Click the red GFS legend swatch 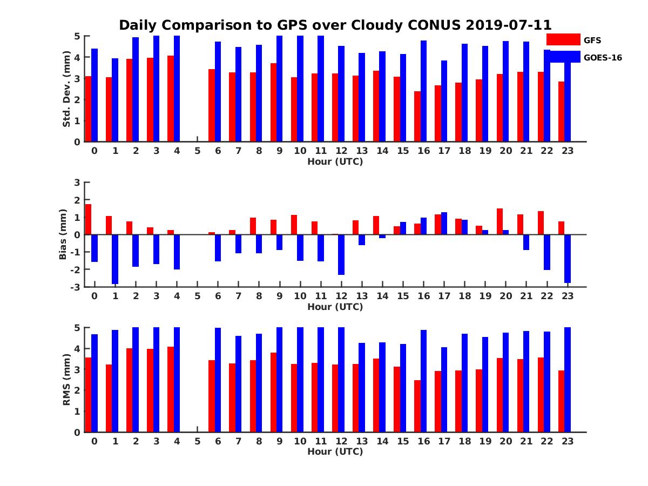[x=563, y=39]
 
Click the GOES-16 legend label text [x=603, y=57]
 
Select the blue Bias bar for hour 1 [x=115, y=259]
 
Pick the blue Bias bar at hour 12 [x=341, y=254]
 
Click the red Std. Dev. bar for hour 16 [x=417, y=117]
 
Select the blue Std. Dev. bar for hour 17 [x=444, y=101]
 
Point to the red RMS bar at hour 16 [x=417, y=406]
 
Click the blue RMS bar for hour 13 [x=362, y=387]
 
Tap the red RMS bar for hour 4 [x=171, y=389]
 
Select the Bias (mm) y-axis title [x=63, y=235]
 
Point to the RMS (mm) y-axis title [x=67, y=380]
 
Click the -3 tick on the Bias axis [x=75, y=287]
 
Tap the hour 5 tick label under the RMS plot [x=197, y=441]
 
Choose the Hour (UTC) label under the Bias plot [x=335, y=307]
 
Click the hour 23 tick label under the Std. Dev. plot [x=567, y=150]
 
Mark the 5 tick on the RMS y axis [x=77, y=327]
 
